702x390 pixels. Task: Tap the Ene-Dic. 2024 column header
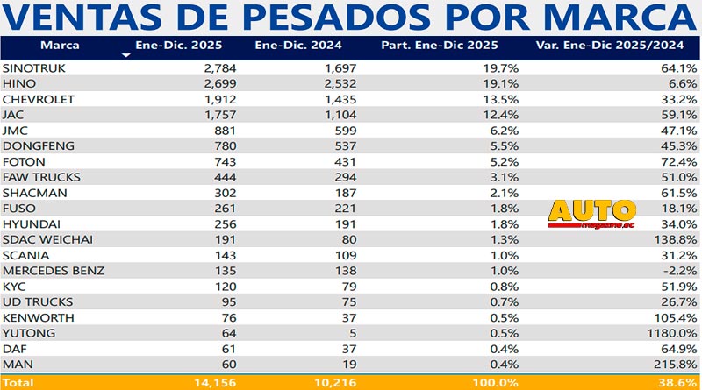coord(290,45)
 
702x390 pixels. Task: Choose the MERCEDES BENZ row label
coord(54,271)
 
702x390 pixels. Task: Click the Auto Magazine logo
coord(591,214)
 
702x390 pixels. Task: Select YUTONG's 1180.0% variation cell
coord(670,334)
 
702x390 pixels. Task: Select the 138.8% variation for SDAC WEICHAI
coord(674,239)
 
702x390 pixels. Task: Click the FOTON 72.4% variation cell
coord(677,162)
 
